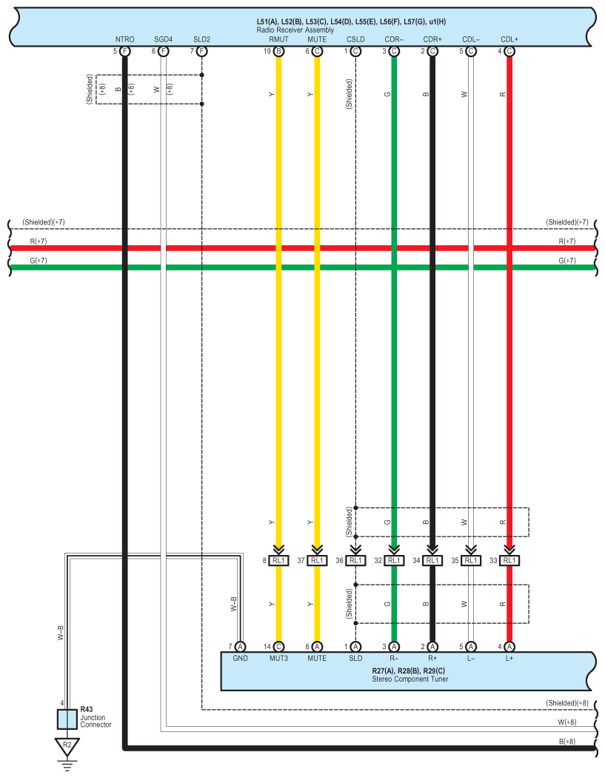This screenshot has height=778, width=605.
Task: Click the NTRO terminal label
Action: [124, 39]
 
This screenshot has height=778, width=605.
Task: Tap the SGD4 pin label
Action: [163, 39]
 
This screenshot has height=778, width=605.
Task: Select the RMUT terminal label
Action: [278, 39]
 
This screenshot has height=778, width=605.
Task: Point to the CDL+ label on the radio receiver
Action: [509, 39]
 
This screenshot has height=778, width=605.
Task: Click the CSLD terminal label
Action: [355, 39]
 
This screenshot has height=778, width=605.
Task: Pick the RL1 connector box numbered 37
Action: [317, 561]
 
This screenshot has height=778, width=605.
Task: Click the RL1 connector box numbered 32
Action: [394, 561]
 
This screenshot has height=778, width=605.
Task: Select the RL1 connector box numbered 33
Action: [509, 561]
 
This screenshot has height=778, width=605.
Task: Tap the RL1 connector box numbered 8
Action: [278, 561]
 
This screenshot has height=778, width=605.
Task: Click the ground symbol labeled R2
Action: [67, 745]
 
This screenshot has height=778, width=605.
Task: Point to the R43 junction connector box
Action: [67, 719]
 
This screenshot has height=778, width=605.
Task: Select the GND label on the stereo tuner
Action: [240, 658]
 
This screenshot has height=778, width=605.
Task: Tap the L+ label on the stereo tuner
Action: [509, 658]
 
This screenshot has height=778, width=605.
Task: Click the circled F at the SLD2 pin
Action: [201, 51]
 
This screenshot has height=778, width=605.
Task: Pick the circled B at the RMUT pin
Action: [278, 51]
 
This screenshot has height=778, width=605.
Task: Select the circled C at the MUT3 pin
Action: [278, 647]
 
